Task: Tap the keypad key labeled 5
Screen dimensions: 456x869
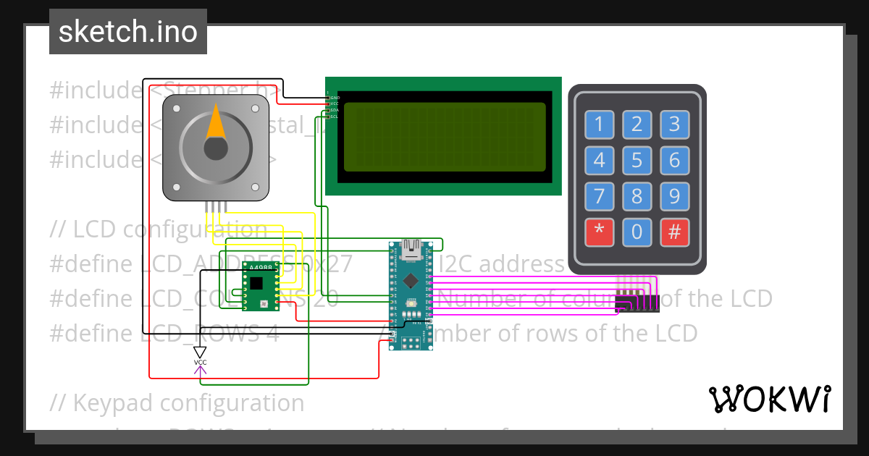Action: click(637, 160)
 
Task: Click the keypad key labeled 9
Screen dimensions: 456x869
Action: click(674, 196)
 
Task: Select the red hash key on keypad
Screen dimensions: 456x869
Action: click(674, 232)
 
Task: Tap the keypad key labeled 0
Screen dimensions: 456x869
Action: click(637, 232)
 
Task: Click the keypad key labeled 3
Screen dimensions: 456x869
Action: click(674, 124)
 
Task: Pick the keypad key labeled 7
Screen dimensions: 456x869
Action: click(599, 196)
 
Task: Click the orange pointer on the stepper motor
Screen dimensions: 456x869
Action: click(216, 122)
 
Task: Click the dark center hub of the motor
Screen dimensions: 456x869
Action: click(216, 148)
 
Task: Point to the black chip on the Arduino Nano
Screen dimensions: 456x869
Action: click(411, 279)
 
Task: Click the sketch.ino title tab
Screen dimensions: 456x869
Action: click(128, 32)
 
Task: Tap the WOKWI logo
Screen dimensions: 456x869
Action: click(769, 399)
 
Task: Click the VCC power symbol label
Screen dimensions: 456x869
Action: click(200, 362)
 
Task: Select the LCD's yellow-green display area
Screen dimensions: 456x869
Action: click(444, 137)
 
